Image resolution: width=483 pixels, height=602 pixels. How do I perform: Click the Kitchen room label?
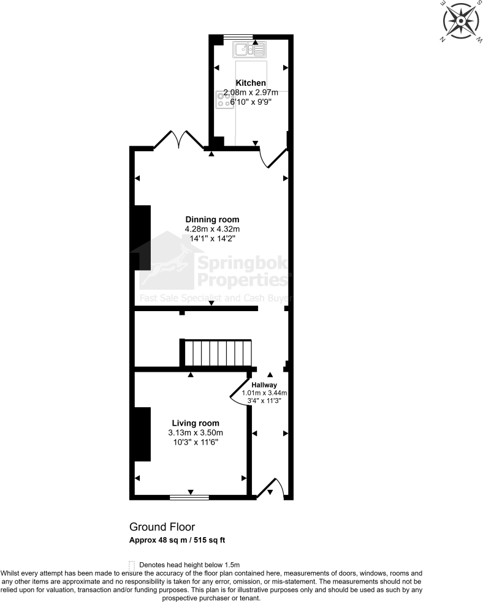pyautogui.click(x=251, y=83)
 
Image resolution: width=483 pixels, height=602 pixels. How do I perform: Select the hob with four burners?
pyautogui.click(x=224, y=100)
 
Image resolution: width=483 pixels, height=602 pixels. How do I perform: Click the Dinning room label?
pyautogui.click(x=213, y=219)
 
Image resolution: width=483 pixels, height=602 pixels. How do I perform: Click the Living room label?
pyautogui.click(x=196, y=423)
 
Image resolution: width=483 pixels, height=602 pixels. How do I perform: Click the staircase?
pyautogui.click(x=218, y=353)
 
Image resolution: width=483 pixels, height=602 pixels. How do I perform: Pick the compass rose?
pyautogui.click(x=459, y=21)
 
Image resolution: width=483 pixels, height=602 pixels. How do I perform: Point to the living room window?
pyautogui.click(x=189, y=495)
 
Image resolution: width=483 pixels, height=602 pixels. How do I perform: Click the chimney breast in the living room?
pyautogui.click(x=143, y=434)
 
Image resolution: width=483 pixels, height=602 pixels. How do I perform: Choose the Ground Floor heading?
pyautogui.click(x=162, y=527)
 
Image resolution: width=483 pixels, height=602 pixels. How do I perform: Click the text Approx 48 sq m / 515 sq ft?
pyautogui.click(x=178, y=540)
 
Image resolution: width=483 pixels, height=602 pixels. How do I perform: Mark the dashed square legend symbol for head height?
pyautogui.click(x=131, y=564)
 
